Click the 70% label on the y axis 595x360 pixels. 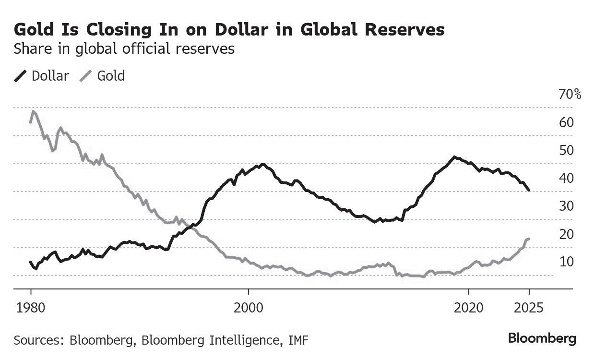570,94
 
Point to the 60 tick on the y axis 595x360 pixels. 566,122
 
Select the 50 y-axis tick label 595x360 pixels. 566,150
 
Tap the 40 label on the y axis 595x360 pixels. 566,178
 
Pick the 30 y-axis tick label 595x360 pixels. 566,206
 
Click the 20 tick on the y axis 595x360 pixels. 566,234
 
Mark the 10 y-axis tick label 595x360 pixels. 566,262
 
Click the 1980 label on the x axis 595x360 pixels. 31,307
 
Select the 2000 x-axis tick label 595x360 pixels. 249,307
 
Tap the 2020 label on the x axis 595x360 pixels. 468,307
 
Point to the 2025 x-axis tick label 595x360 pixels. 529,307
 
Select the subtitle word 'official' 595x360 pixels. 149,49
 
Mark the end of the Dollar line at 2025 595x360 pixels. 529,191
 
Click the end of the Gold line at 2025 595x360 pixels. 529,239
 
